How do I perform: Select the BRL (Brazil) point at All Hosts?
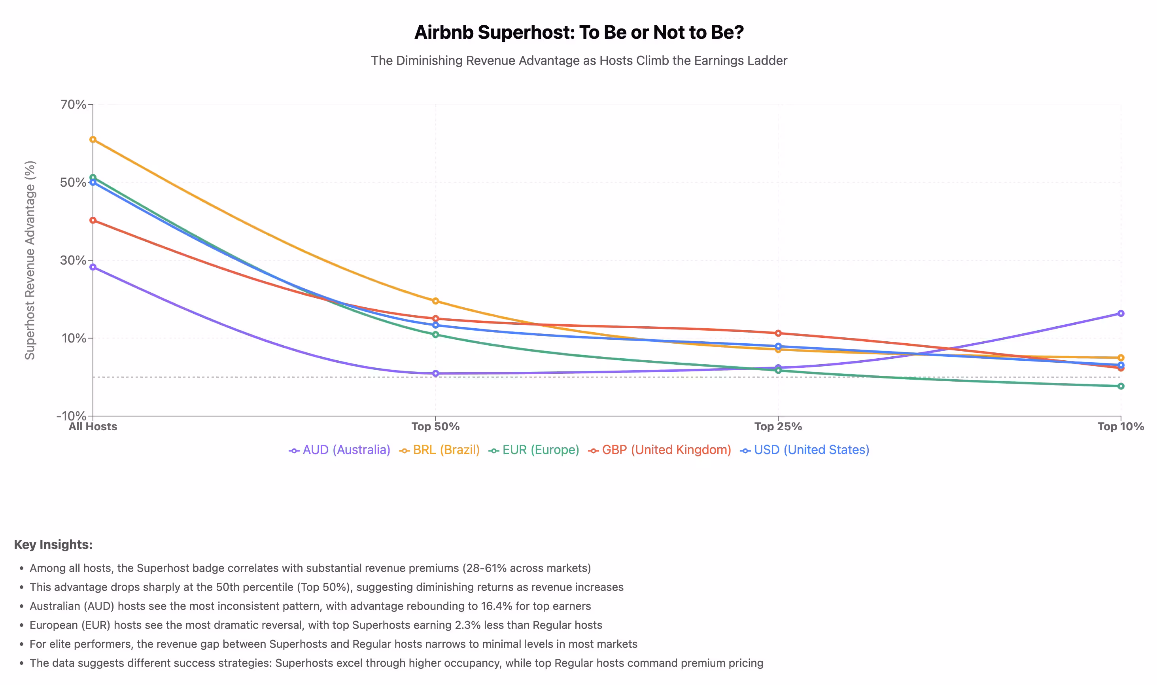[x=93, y=139]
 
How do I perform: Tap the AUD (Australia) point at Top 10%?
[x=1120, y=313]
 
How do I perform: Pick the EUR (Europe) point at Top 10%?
[x=1120, y=386]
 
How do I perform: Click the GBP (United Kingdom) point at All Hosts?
[x=93, y=220]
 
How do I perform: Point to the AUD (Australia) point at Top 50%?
[x=435, y=373]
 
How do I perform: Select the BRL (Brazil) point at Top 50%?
[x=435, y=301]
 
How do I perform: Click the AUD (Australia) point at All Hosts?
[x=93, y=267]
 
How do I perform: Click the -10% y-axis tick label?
[x=72, y=416]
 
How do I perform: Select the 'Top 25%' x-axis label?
[x=778, y=426]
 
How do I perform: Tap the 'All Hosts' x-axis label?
[x=93, y=426]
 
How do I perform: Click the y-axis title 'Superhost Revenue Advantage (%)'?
[x=30, y=260]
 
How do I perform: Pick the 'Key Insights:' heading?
[x=53, y=545]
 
